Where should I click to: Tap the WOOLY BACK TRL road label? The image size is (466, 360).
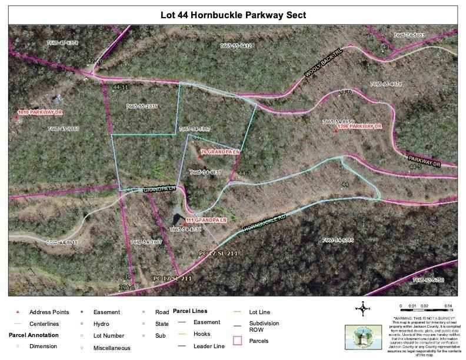coord(324,69)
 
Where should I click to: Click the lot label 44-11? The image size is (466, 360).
coord(119,86)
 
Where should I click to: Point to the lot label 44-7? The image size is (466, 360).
coord(245,174)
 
